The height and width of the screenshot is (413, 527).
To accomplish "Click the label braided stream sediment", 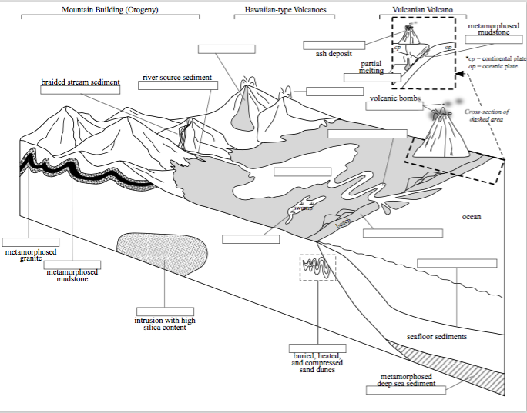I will click(x=80, y=80).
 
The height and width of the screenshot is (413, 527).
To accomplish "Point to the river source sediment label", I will click(x=176, y=78).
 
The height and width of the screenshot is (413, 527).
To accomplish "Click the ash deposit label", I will click(x=334, y=54).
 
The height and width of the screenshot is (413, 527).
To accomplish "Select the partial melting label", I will click(x=371, y=68).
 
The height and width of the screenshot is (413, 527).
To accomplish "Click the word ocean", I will click(x=472, y=217).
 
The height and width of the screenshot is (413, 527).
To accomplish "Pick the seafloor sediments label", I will click(x=436, y=337).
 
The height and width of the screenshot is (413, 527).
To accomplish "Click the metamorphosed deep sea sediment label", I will click(x=406, y=380).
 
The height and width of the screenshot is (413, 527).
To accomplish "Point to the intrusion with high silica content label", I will click(x=165, y=325).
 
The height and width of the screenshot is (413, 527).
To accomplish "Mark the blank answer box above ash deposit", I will click(x=334, y=45).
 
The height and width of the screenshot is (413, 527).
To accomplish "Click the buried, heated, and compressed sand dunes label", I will click(x=318, y=362).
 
